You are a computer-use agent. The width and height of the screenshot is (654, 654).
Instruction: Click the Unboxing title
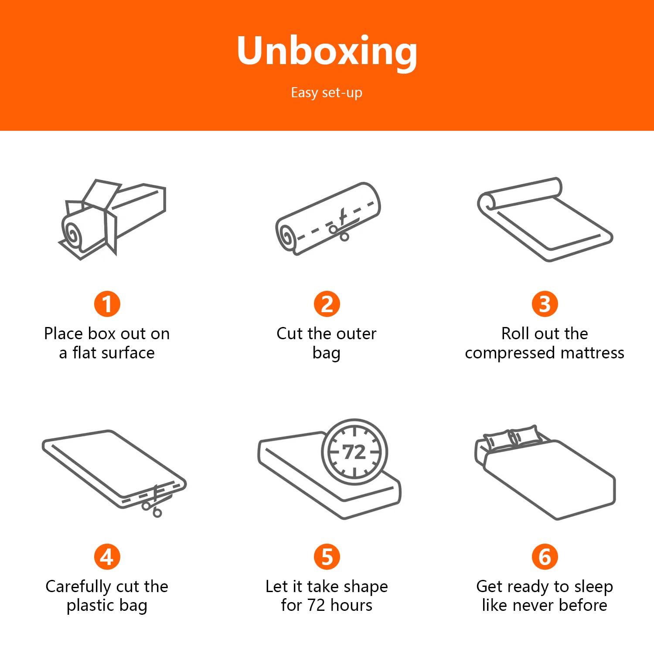tap(327, 51)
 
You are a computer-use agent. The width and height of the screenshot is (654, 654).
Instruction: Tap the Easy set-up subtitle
tap(327, 93)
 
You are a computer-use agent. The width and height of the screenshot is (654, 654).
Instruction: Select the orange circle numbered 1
tap(107, 304)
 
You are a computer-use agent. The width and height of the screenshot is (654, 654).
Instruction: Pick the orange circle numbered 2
tap(327, 304)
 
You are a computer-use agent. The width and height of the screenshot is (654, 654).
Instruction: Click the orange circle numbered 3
tap(545, 304)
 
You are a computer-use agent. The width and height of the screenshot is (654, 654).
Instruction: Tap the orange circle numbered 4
tap(107, 557)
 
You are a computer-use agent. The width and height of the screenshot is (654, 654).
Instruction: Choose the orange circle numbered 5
tap(327, 557)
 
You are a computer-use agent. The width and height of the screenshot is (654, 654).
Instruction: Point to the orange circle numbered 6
tap(545, 557)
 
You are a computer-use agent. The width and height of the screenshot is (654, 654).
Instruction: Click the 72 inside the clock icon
tap(354, 453)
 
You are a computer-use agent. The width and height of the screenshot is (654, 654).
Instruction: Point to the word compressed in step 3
tap(510, 353)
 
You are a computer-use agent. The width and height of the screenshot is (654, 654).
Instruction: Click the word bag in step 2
tap(327, 353)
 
